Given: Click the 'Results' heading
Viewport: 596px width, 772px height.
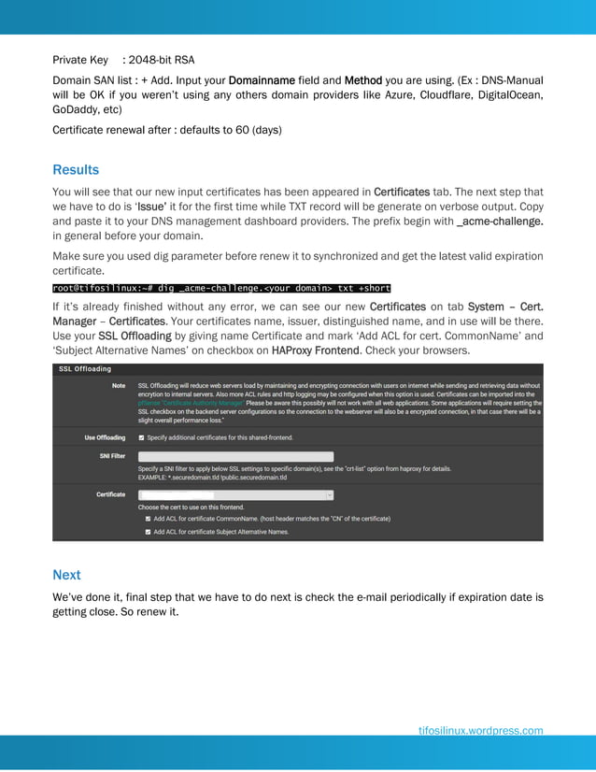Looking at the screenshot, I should [76, 170].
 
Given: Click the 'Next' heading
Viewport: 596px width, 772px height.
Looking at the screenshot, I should [66, 575].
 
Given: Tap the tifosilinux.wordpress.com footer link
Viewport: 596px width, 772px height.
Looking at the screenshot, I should [480, 731].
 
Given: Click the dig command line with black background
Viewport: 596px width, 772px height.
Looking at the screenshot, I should [221, 288].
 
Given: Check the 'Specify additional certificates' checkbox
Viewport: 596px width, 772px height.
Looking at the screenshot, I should [141, 436].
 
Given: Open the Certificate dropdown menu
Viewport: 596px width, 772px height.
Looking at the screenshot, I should [235, 494].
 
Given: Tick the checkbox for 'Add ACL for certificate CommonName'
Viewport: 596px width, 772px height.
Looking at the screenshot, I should [148, 518].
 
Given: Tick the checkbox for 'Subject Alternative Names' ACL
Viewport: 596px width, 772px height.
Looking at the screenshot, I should [148, 531].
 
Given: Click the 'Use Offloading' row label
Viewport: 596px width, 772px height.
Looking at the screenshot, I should [105, 436].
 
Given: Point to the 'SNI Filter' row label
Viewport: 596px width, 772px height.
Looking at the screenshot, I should [112, 456].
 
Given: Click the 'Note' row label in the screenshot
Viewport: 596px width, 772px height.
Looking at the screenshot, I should [119, 385].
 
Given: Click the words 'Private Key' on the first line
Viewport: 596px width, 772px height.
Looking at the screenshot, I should [80, 60].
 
